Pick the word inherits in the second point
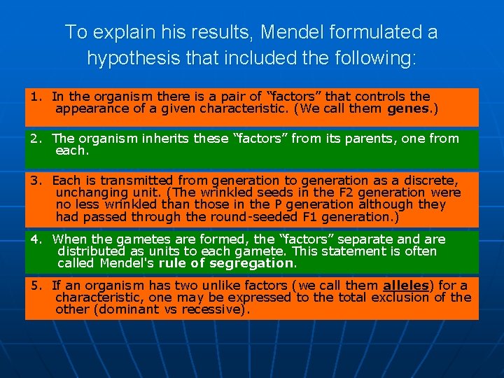[x=163, y=139]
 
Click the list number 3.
[x=35, y=181]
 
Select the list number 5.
[x=35, y=286]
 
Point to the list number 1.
[x=35, y=97]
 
